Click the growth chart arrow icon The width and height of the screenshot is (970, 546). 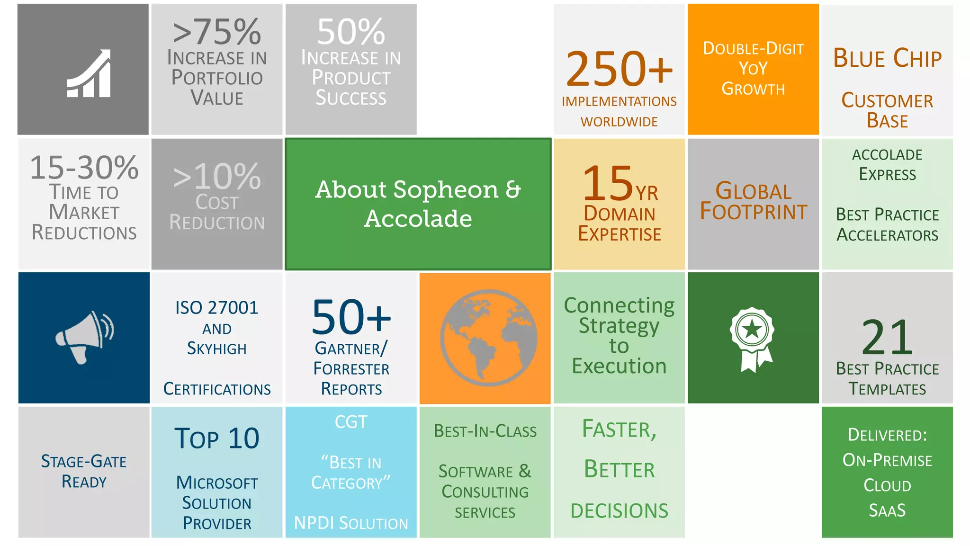point(89,74)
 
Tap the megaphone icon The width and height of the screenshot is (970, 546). point(84,337)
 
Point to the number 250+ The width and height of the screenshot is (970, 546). point(619,70)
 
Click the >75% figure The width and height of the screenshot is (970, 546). point(217,32)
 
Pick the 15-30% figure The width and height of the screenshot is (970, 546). point(84,167)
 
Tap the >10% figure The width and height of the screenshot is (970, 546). point(217,177)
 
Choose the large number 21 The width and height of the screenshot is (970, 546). point(887,337)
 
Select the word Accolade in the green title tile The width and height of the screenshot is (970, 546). point(418,218)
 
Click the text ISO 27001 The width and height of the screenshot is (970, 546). point(217,308)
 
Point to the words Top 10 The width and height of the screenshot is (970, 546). point(217,438)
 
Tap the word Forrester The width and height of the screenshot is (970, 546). point(351,368)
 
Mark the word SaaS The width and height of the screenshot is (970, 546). point(887,510)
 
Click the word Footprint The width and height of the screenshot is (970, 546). point(753,212)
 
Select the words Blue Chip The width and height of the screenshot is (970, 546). point(887,58)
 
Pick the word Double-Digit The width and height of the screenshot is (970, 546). point(753,48)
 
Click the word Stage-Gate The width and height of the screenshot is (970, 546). point(84,461)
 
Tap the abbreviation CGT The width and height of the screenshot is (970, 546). point(351,421)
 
